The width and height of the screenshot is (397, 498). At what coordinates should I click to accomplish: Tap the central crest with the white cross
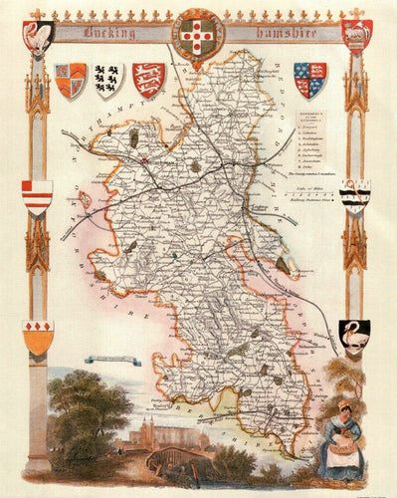pos(200,35)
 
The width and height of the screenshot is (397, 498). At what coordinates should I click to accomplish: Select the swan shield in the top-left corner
pos(39,36)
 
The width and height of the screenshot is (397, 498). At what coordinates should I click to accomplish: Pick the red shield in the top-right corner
pos(356,34)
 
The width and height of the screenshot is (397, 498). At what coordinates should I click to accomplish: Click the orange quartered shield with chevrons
pos(71,80)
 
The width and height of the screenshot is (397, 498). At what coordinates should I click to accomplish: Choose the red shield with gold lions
pos(148,79)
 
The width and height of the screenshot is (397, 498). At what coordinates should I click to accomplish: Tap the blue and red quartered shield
pos(309,79)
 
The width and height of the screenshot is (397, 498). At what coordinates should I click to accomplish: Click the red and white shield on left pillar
pos(38,195)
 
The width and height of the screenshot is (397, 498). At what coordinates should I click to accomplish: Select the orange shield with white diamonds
pos(38,338)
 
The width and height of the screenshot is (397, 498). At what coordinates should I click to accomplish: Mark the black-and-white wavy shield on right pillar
pos(354,196)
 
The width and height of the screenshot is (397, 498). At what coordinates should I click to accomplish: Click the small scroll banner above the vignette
pos(112,360)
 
